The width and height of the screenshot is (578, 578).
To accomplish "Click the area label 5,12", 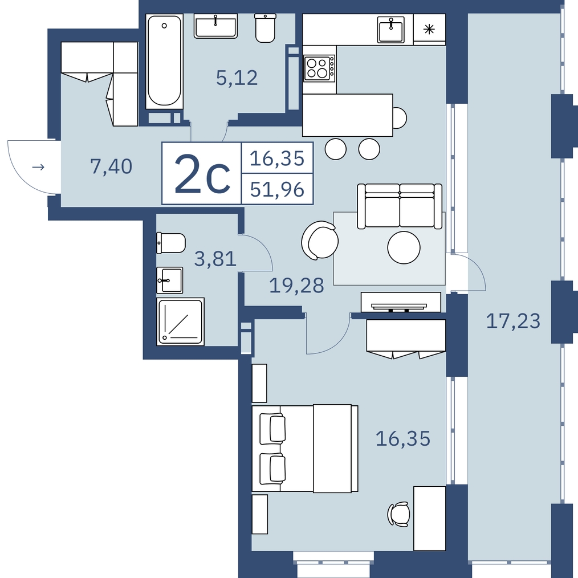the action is [x=237, y=78].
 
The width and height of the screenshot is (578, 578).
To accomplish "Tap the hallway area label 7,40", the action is [x=111, y=166].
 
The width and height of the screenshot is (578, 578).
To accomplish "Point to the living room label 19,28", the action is [x=296, y=286].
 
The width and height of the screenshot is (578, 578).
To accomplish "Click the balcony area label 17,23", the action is [x=513, y=321].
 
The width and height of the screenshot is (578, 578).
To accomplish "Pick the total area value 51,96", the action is [x=277, y=189].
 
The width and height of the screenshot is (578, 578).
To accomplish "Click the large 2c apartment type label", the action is [x=202, y=174].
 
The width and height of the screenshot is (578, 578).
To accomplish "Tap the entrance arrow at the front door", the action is [x=38, y=168].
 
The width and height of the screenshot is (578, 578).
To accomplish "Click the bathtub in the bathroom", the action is [x=164, y=61].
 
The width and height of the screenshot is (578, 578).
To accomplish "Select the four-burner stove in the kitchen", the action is [x=320, y=68].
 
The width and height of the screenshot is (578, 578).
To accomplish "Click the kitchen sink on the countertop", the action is [x=390, y=30].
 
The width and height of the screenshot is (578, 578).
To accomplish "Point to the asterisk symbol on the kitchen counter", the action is [x=429, y=29].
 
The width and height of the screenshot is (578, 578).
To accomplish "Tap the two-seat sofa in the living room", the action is [x=400, y=206].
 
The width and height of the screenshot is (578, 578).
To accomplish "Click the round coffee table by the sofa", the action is [x=404, y=248].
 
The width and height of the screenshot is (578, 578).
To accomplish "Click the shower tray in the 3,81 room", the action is [x=180, y=321].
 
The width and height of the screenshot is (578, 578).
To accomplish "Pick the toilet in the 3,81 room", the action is [x=170, y=243].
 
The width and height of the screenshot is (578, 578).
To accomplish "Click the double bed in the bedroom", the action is [x=305, y=448].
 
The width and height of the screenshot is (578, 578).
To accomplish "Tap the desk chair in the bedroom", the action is [x=398, y=514].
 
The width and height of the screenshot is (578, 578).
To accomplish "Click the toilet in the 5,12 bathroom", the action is [x=266, y=28].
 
